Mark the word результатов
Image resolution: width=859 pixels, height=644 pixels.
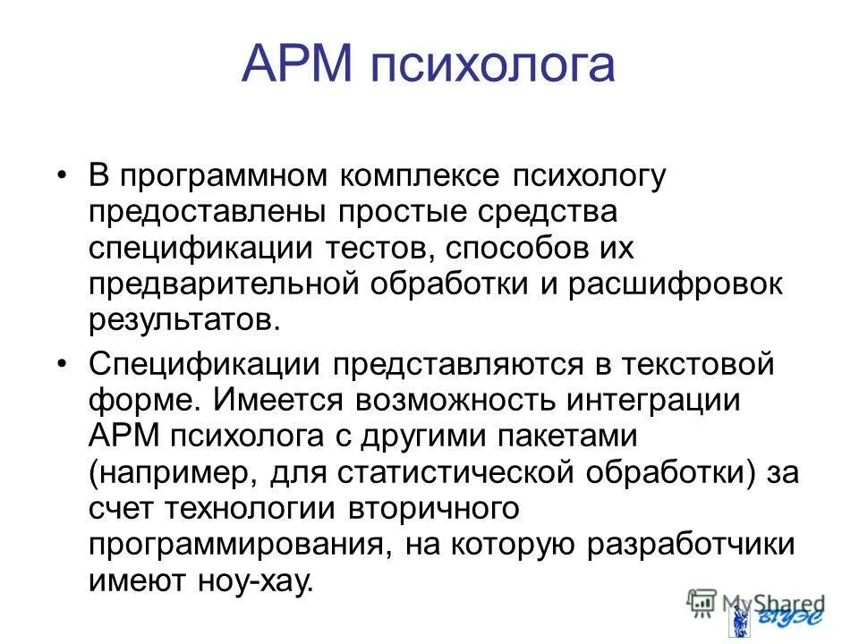[183, 319]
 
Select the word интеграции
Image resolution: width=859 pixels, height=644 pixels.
[653, 401]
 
